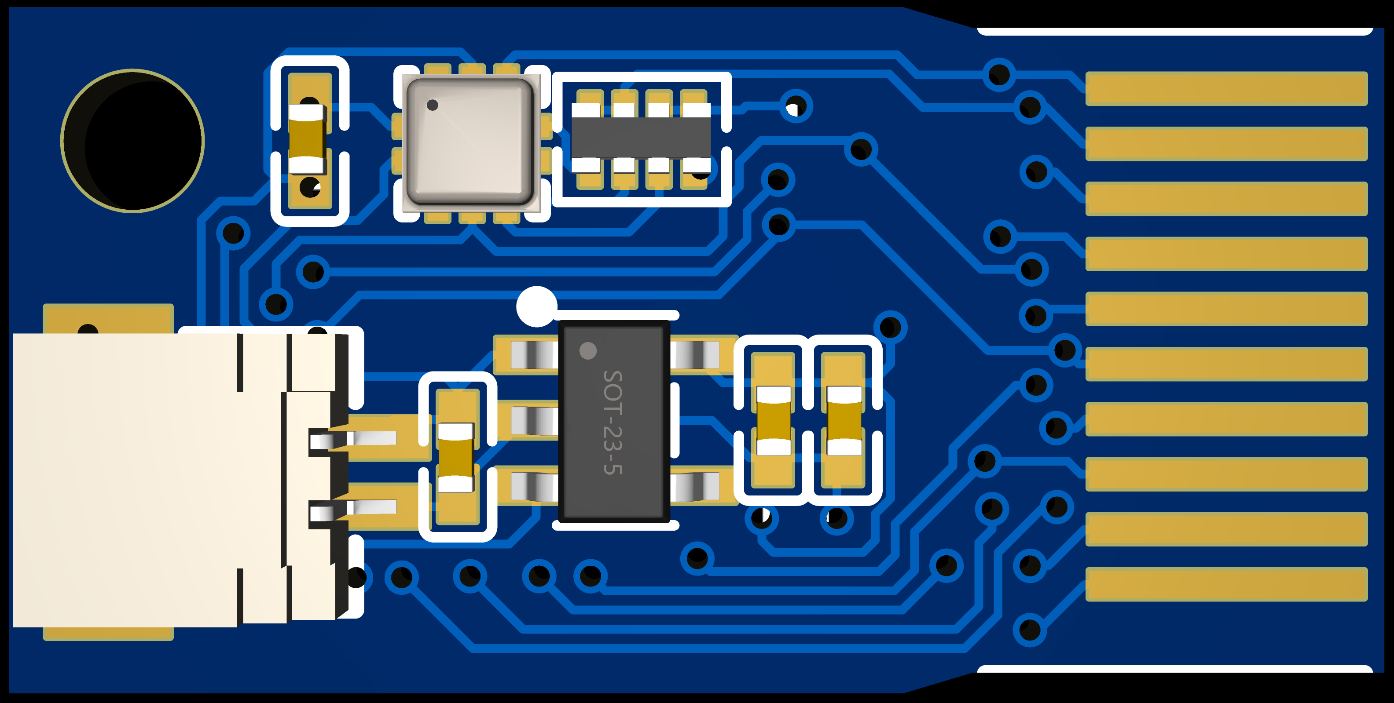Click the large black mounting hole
132,141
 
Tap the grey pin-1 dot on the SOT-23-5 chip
588,350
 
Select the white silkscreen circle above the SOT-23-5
537,306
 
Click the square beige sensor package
470,142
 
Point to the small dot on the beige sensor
433,105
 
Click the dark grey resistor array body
641,138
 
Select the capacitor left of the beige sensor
308,139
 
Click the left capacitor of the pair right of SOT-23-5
773,420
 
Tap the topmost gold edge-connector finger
1226,88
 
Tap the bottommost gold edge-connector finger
1226,584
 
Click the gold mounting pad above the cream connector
108,318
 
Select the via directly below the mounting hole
233,233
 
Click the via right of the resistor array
796,106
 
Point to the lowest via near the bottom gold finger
1029,630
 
